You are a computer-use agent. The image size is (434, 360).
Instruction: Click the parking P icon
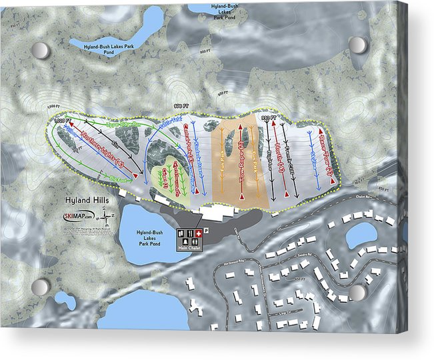(x=207, y=230)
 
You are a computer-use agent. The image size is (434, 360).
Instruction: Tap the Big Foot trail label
(x=118, y=179)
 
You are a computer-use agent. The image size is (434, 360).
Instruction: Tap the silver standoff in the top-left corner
(x=41, y=50)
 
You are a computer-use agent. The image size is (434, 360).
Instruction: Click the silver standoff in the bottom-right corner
(x=358, y=292)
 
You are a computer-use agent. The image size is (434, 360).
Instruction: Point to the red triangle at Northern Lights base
(x=135, y=174)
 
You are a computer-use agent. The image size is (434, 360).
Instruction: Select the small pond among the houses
(x=362, y=235)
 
